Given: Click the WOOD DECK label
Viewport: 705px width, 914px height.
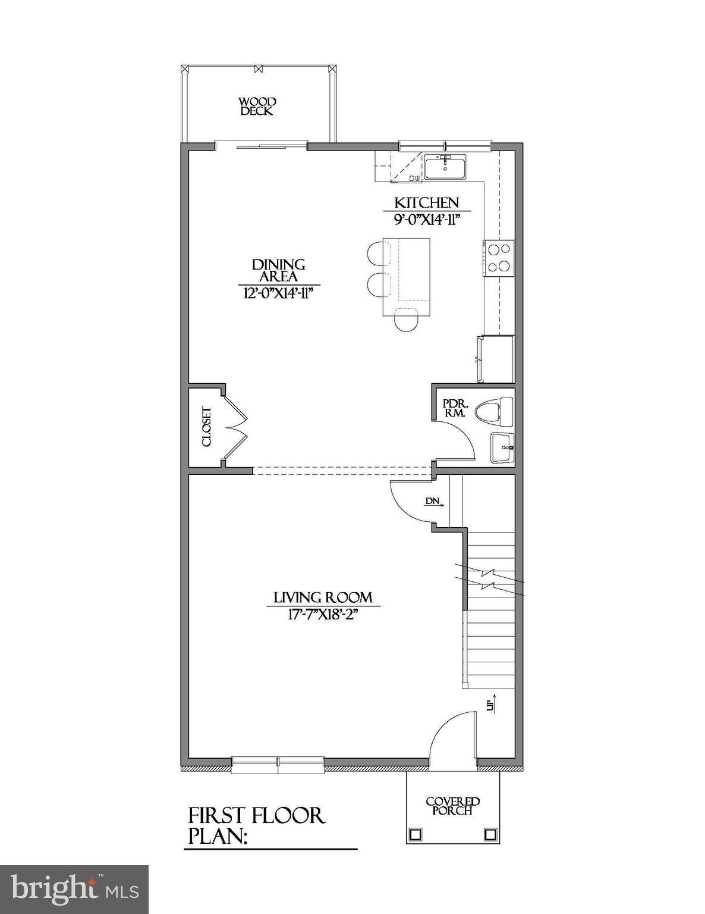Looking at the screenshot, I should [257, 107].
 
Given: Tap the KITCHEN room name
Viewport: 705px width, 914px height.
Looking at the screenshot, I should [427, 203].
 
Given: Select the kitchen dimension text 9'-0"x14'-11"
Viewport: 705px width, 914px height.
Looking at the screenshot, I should [427, 219].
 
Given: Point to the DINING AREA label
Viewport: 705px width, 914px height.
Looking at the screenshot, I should [279, 271].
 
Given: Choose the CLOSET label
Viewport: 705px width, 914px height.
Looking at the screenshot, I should [206, 427].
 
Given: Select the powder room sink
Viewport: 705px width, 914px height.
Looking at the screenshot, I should [503, 447].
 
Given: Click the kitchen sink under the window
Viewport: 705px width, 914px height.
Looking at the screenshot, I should [445, 167].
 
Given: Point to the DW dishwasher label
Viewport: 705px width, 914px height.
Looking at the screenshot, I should [414, 178].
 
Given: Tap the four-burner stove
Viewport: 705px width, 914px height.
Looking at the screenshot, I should [499, 258].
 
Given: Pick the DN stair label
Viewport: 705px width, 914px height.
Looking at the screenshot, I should [433, 501].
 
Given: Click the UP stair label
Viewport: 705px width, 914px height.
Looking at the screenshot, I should [490, 705].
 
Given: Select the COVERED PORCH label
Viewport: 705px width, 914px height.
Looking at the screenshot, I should [453, 806].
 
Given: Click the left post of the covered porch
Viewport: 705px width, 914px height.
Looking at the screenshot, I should [416, 833].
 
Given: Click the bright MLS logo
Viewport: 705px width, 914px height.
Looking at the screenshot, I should [74, 889].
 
